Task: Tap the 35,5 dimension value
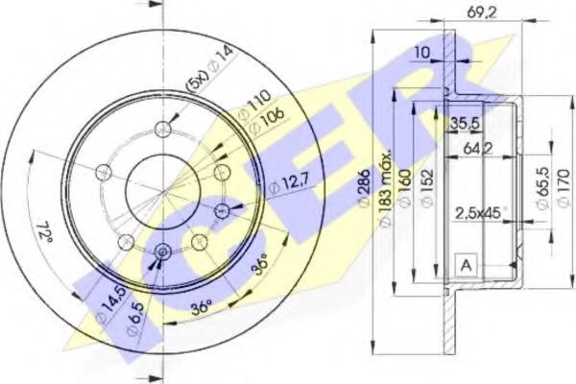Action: click(466, 122)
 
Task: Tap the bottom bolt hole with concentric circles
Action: click(161, 252)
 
